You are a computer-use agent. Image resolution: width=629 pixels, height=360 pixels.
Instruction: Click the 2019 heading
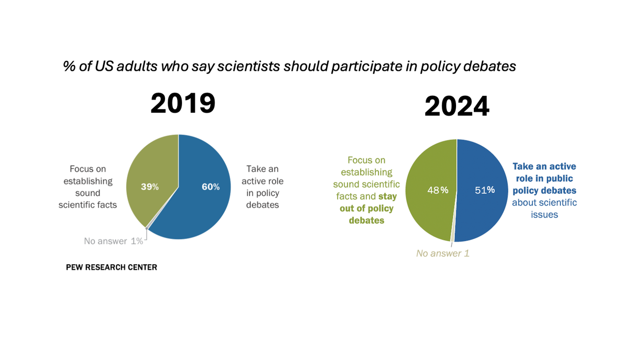pyautogui.click(x=182, y=103)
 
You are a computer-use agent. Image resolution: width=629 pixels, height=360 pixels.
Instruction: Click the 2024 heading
pyautogui.click(x=457, y=106)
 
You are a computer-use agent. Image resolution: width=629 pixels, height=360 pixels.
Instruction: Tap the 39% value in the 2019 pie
pyautogui.click(x=149, y=187)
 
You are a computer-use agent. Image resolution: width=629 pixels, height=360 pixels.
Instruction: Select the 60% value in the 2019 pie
pyautogui.click(x=211, y=187)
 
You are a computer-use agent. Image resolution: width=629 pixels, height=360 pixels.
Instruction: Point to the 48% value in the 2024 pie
pyautogui.click(x=437, y=190)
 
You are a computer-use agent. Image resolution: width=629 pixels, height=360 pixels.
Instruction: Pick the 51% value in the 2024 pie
pyautogui.click(x=484, y=190)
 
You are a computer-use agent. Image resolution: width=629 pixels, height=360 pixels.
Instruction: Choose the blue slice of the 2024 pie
pyautogui.click(x=485, y=215)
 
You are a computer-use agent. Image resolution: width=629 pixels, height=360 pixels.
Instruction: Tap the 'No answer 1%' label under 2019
pyautogui.click(x=113, y=241)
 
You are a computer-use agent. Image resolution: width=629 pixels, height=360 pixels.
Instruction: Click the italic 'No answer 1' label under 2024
pyautogui.click(x=442, y=254)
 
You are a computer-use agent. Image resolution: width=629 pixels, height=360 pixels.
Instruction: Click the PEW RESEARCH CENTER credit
pyautogui.click(x=111, y=267)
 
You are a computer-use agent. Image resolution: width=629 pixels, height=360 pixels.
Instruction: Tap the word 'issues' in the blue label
pyautogui.click(x=544, y=214)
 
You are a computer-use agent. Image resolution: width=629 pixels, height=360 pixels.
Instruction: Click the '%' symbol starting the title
pyautogui.click(x=68, y=67)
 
